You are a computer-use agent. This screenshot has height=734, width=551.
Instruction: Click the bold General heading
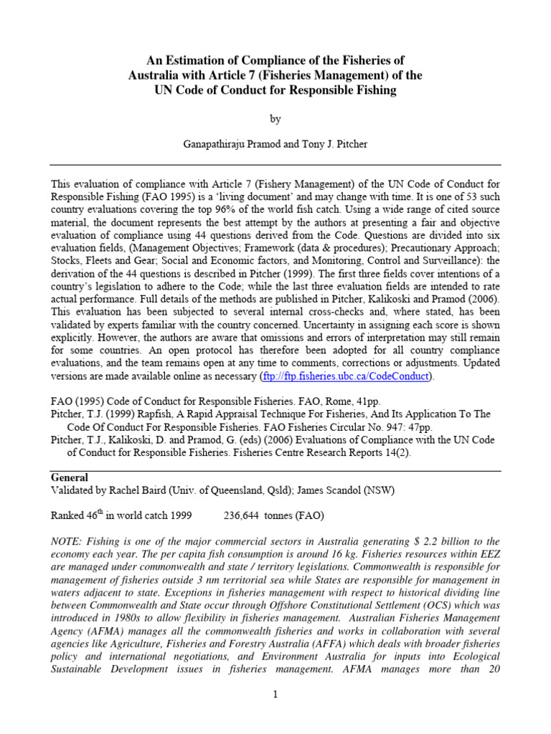pyautogui.click(x=70, y=477)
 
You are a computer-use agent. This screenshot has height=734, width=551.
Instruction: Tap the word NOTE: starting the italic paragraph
pyautogui.click(x=69, y=541)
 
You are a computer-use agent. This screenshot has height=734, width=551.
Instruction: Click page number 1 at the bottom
pyautogui.click(x=275, y=694)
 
